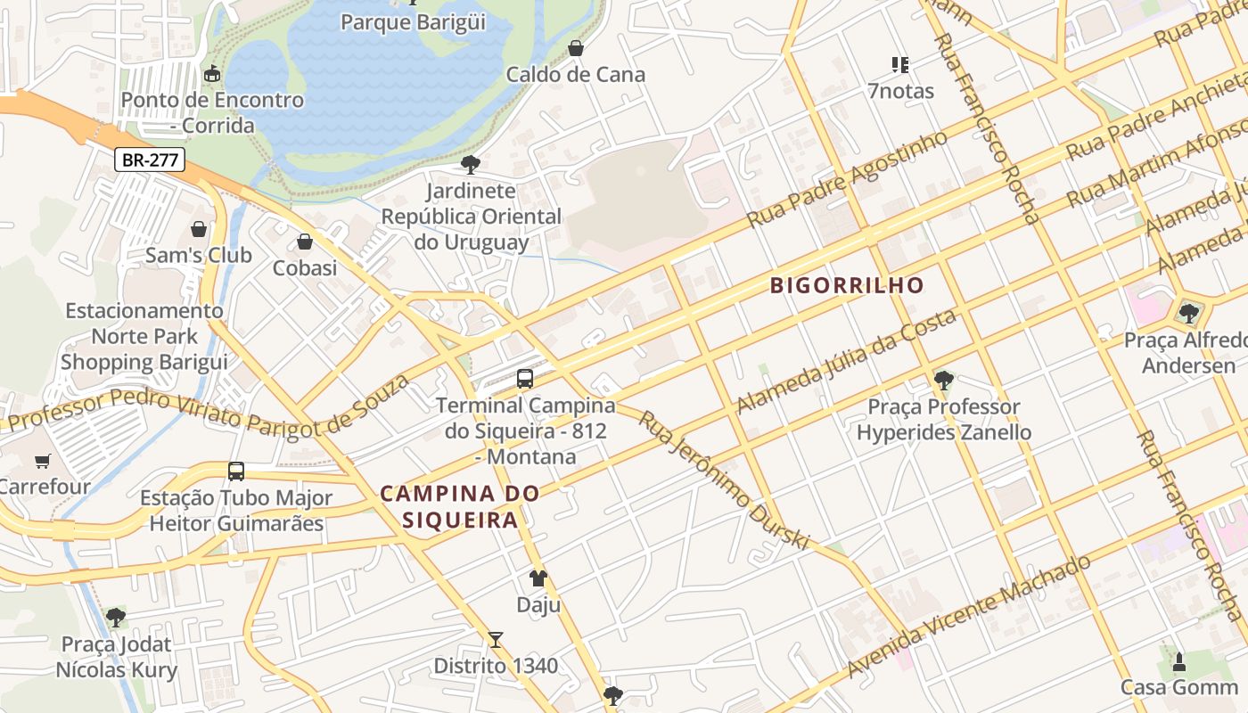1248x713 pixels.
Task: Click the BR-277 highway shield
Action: coord(150,160)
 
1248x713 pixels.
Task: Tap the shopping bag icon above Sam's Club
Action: coord(199,230)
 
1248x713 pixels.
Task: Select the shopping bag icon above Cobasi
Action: coord(305,242)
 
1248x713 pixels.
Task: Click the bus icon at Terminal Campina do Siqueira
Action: coord(525,379)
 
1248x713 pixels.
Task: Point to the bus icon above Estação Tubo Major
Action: coord(236,471)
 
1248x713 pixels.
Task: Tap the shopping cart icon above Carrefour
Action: coord(42,461)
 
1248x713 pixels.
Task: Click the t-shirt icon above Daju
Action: coord(538,578)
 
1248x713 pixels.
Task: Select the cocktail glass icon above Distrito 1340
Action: coord(496,640)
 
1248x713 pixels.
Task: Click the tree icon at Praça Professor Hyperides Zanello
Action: coord(943,381)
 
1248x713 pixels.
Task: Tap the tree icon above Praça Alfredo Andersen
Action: coord(1188,314)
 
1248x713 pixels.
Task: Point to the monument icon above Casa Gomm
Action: coord(1179,661)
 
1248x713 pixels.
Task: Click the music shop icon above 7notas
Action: coord(900,65)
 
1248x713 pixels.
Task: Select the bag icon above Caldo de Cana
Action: coord(576,48)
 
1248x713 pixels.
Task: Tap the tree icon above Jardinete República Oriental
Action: coord(471,165)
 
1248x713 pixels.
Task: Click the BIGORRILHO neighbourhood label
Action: coord(847,286)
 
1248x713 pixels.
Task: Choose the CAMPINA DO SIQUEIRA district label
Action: coord(460,506)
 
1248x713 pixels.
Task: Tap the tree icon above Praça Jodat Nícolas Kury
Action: coord(116,618)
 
